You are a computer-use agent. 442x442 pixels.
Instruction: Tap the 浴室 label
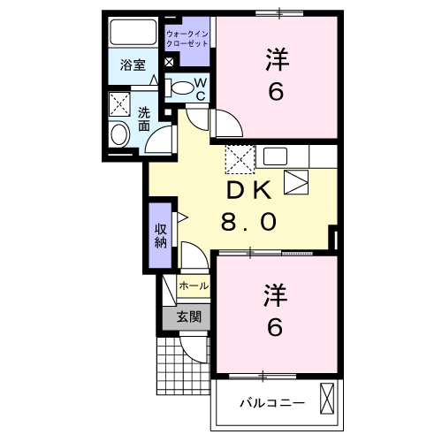pyautogui.click(x=133, y=64)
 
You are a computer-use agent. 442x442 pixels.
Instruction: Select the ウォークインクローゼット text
pyautogui.click(x=187, y=37)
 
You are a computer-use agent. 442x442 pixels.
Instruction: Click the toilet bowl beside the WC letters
pyautogui.click(x=180, y=88)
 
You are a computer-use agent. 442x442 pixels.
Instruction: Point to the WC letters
pyautogui.click(x=201, y=89)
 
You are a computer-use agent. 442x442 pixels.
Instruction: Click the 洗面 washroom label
pyautogui.click(x=143, y=120)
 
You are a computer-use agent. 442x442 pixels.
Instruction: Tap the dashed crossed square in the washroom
pyautogui.click(x=119, y=104)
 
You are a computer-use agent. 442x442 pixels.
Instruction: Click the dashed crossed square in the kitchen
pyautogui.click(x=240, y=159)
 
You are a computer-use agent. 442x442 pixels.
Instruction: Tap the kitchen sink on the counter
pyautogui.click(x=275, y=158)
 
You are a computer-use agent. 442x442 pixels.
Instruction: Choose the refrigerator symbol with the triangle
pyautogui.click(x=297, y=180)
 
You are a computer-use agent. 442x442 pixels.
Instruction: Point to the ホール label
pyautogui.click(x=194, y=286)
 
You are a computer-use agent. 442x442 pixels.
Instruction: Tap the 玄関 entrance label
pyautogui.click(x=187, y=316)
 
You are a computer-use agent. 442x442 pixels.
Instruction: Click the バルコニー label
pyautogui.click(x=272, y=402)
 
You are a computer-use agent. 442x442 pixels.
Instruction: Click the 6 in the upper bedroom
pyautogui.click(x=277, y=92)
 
